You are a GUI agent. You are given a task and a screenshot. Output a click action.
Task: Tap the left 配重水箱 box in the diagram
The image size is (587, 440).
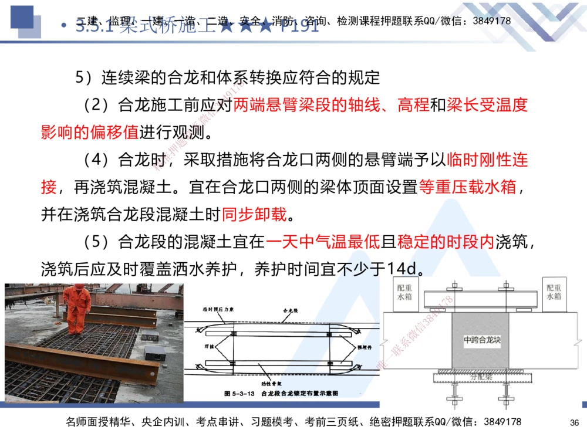404,293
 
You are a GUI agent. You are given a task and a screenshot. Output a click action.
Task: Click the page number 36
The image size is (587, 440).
575,422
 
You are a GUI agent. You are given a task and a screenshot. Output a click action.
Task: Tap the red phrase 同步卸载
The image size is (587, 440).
255,214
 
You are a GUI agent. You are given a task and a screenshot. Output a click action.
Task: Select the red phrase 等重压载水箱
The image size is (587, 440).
467,187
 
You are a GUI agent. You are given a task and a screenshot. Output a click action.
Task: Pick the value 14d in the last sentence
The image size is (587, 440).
404,268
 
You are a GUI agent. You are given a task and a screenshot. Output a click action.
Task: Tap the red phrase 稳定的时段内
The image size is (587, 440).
446,241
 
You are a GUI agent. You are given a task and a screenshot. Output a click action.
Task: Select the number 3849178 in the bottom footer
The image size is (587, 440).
502,422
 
